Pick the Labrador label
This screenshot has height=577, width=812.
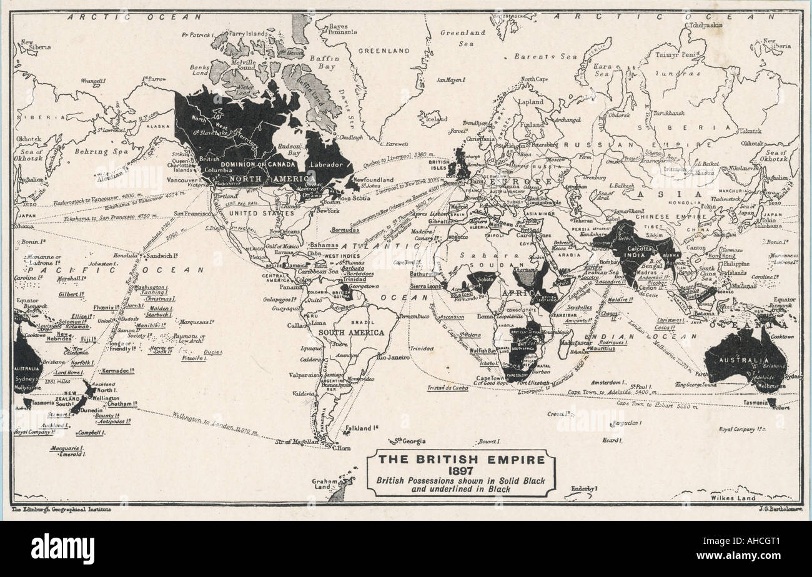[327, 165]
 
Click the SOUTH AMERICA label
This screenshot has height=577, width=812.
[352, 333]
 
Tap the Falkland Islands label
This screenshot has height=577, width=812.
[360, 428]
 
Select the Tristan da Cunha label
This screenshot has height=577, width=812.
[447, 387]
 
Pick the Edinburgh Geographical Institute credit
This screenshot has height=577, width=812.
[61, 510]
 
